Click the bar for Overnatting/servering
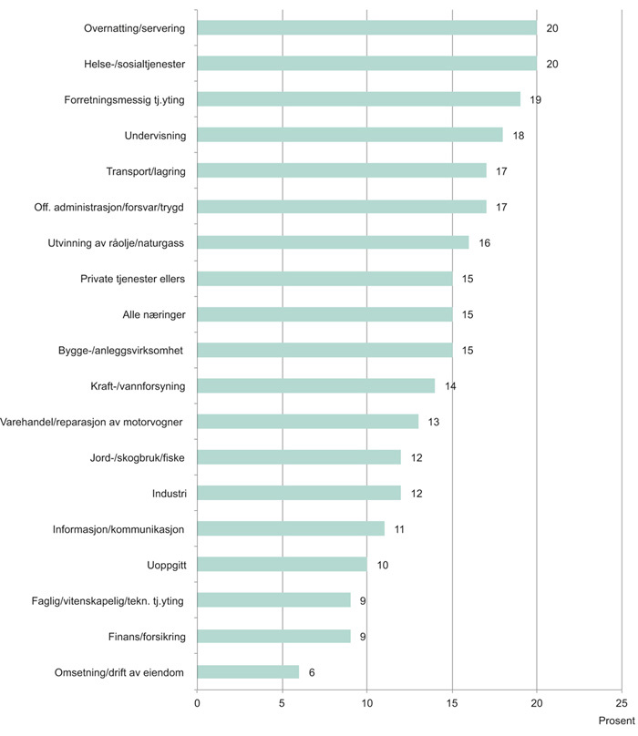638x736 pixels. [366, 28]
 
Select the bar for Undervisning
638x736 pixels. [350, 135]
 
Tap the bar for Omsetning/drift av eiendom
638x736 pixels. [248, 671]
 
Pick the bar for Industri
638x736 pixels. [299, 493]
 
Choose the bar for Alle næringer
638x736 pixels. [324, 314]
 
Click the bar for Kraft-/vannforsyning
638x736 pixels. [316, 385]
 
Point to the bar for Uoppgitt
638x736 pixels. [282, 565]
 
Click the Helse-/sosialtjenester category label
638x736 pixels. [133, 64]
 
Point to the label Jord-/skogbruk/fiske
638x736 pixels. [133, 457]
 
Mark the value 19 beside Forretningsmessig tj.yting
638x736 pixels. [536, 99]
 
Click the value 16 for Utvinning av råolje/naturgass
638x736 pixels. [485, 243]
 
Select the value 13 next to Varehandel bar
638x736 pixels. [434, 422]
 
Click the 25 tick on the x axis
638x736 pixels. [622, 702]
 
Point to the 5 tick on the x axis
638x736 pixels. [282, 702]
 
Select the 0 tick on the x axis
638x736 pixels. [197, 702]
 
